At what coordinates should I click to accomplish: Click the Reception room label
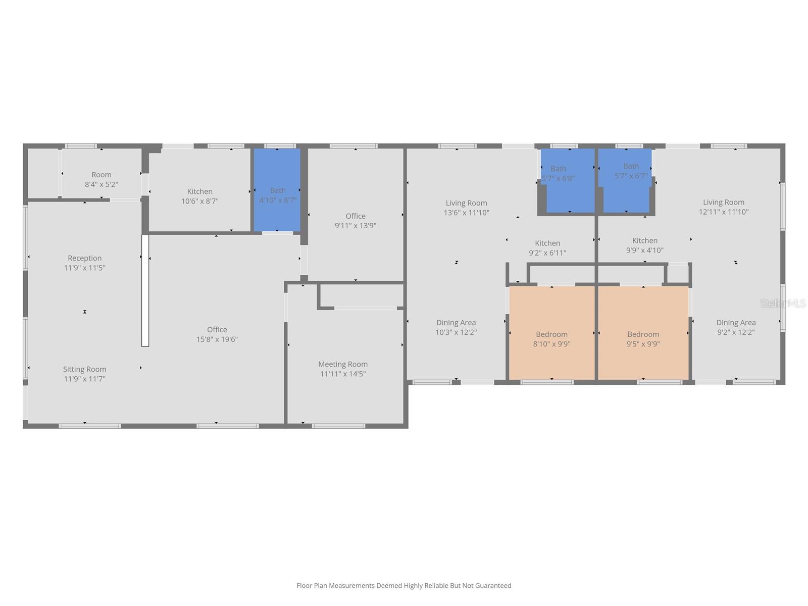[84, 258]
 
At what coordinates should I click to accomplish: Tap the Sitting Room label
[84, 369]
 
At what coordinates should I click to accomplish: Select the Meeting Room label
[343, 364]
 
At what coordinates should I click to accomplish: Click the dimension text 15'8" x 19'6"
[217, 339]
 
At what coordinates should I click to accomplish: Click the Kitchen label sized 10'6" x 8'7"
[199, 191]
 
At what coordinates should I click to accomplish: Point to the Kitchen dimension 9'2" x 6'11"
[547, 253]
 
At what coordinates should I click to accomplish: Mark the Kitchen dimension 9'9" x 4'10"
[645, 250]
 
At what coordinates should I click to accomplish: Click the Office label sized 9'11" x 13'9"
[356, 216]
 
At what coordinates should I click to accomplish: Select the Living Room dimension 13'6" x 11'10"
[466, 213]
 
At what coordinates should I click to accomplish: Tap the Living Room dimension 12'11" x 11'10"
[723, 212]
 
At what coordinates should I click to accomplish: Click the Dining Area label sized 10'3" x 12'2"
[456, 323]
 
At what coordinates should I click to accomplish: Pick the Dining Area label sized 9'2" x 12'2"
[736, 323]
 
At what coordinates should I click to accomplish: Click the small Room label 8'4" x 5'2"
[101, 175]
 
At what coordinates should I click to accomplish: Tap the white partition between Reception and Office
[145, 291]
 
